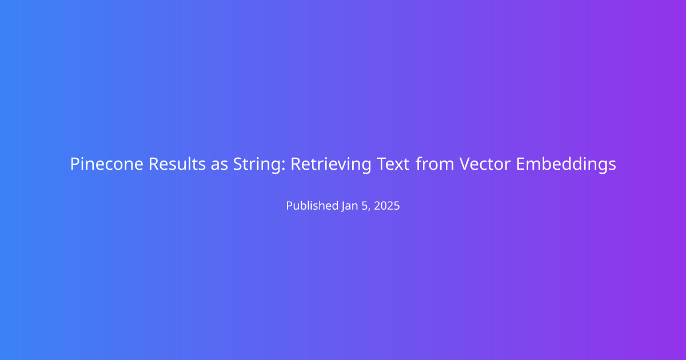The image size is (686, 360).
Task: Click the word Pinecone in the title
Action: click(x=106, y=164)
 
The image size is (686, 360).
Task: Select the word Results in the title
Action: click(x=177, y=164)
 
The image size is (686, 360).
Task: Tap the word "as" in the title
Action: click(x=220, y=165)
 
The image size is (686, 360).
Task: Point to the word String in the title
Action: click(x=257, y=165)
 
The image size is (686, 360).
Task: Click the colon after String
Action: click(x=284, y=166)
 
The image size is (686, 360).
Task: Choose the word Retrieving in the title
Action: click(x=331, y=165)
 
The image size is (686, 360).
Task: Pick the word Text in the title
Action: click(x=393, y=164)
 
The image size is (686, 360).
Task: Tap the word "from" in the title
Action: click(x=435, y=163)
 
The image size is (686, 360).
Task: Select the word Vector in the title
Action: click(x=485, y=164)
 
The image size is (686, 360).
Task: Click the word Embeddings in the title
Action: click(x=566, y=165)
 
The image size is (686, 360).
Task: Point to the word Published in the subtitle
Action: click(x=312, y=205)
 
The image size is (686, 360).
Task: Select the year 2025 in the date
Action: click(x=387, y=206)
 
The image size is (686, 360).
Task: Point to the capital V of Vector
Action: click(x=465, y=164)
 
